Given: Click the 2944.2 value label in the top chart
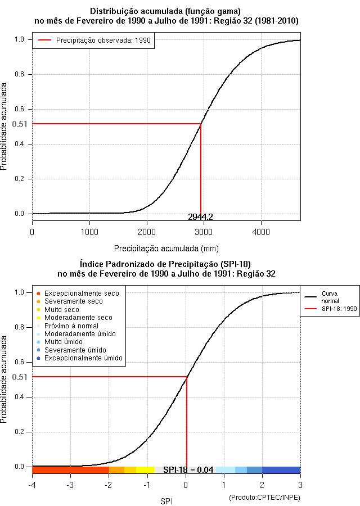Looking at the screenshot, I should [200, 217].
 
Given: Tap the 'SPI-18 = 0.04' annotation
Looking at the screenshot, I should [188, 470].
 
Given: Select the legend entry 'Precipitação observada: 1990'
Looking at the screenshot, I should [93, 40].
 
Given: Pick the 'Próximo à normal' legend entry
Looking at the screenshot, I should [71, 326].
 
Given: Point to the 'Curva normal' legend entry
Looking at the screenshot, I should [330, 297].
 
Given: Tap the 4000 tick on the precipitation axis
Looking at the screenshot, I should [260, 232].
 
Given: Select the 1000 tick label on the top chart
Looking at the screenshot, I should [89, 232].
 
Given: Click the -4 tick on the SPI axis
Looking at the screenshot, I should [32, 485].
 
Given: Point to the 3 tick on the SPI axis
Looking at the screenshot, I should [300, 485].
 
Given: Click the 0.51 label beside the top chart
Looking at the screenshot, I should [20, 124].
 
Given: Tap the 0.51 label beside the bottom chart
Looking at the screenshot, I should [20, 377].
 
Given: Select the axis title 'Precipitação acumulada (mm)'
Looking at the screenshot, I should [166, 248].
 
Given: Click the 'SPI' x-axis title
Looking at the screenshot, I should [166, 500].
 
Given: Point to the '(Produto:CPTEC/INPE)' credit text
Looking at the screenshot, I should [264, 498].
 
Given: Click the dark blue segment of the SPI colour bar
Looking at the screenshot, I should [281, 470].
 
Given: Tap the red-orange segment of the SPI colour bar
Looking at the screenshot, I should [70, 470].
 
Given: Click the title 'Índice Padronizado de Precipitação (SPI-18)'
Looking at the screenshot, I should [166, 263].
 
